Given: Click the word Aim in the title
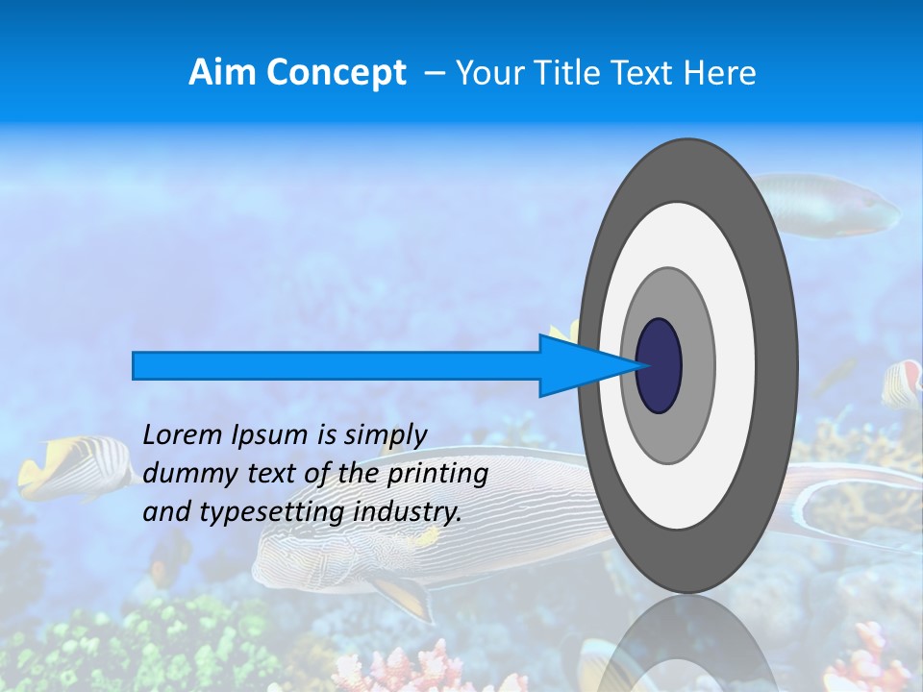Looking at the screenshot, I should (220, 73).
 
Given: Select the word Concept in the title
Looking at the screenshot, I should (334, 74).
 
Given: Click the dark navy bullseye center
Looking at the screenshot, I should (660, 366).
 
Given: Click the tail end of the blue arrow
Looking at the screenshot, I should (136, 365).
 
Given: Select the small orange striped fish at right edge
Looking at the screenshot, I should (902, 383).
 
